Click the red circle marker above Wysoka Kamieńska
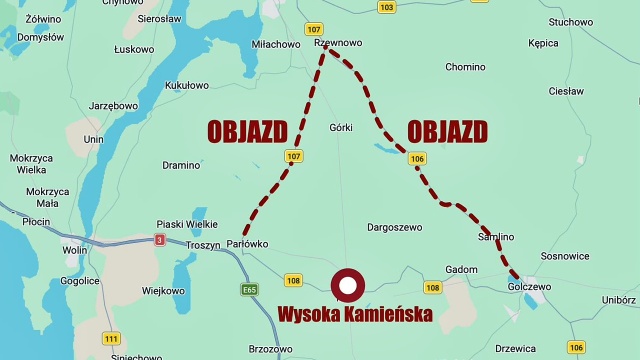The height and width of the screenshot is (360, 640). point(348,287)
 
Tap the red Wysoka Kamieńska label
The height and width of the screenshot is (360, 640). point(355,315)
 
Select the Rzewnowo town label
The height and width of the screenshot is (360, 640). point(338,44)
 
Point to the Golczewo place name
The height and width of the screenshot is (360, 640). point(529,287)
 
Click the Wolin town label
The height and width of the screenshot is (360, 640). point(74,250)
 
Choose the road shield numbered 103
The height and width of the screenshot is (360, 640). point(387,7)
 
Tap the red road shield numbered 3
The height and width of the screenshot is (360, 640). point(159,240)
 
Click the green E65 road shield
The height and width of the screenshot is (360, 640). point(250,289)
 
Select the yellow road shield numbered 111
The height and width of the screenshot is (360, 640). point(111,338)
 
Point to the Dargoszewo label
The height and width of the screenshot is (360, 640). point(395,227)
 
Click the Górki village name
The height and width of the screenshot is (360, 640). point(341,127)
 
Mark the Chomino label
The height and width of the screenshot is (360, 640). point(465,68)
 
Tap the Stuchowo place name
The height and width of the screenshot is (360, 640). point(570,22)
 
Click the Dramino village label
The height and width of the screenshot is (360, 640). point(181,165)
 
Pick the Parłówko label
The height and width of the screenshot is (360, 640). point(247,243)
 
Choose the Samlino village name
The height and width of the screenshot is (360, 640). point(495,237)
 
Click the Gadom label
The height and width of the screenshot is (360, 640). point(461,269)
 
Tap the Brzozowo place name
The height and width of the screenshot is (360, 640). point(270,349)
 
